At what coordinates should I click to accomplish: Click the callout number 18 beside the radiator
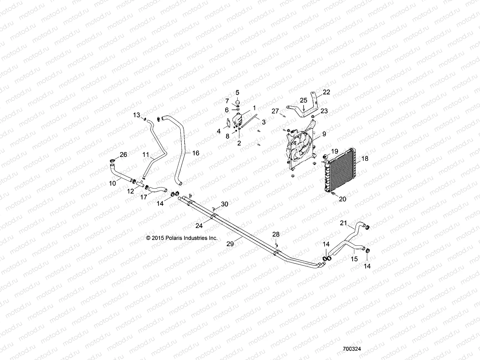tap(365, 159)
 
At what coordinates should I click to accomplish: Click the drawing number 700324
tap(352, 349)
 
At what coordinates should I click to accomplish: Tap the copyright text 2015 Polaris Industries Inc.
tap(181, 238)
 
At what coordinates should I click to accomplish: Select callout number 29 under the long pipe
tap(230, 244)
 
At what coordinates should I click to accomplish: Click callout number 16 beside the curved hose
tap(195, 153)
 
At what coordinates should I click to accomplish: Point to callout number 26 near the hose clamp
tap(123, 155)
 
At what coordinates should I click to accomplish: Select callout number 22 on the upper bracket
tap(326, 92)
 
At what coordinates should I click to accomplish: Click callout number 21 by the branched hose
tap(343, 223)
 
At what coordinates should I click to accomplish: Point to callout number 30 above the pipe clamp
tap(224, 204)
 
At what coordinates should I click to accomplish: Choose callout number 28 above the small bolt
tap(276, 234)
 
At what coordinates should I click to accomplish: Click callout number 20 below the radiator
tap(342, 199)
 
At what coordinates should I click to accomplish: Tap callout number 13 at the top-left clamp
tap(136, 115)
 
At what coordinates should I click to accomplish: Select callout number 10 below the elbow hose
tap(112, 183)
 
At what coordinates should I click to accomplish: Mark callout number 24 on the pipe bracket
tap(199, 226)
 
